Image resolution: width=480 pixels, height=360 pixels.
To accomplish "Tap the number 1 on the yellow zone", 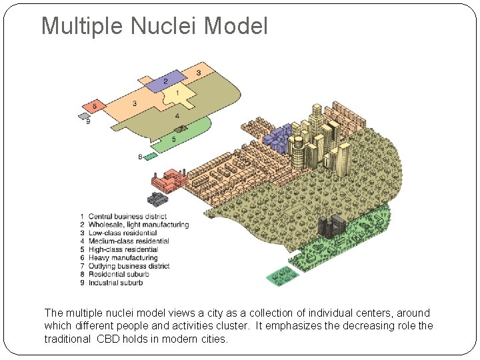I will click(x=177, y=93).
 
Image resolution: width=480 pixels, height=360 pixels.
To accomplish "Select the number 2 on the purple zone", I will click(x=165, y=81).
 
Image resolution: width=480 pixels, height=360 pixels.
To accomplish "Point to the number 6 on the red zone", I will click(x=95, y=105).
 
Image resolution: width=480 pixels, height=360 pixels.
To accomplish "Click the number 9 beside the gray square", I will click(x=88, y=122).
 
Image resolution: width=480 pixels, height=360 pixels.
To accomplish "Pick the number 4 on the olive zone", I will click(x=177, y=116).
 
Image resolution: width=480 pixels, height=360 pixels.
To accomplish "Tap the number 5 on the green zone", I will click(x=174, y=139).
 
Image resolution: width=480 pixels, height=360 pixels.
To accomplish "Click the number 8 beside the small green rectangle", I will click(x=140, y=157).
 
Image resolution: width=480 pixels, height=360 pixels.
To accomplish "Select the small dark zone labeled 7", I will click(x=181, y=128).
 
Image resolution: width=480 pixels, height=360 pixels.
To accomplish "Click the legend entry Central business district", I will click(x=127, y=217).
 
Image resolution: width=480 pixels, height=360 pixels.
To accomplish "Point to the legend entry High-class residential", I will click(x=123, y=249).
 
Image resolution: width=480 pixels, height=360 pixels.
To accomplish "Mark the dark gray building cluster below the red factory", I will click(x=158, y=199).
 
